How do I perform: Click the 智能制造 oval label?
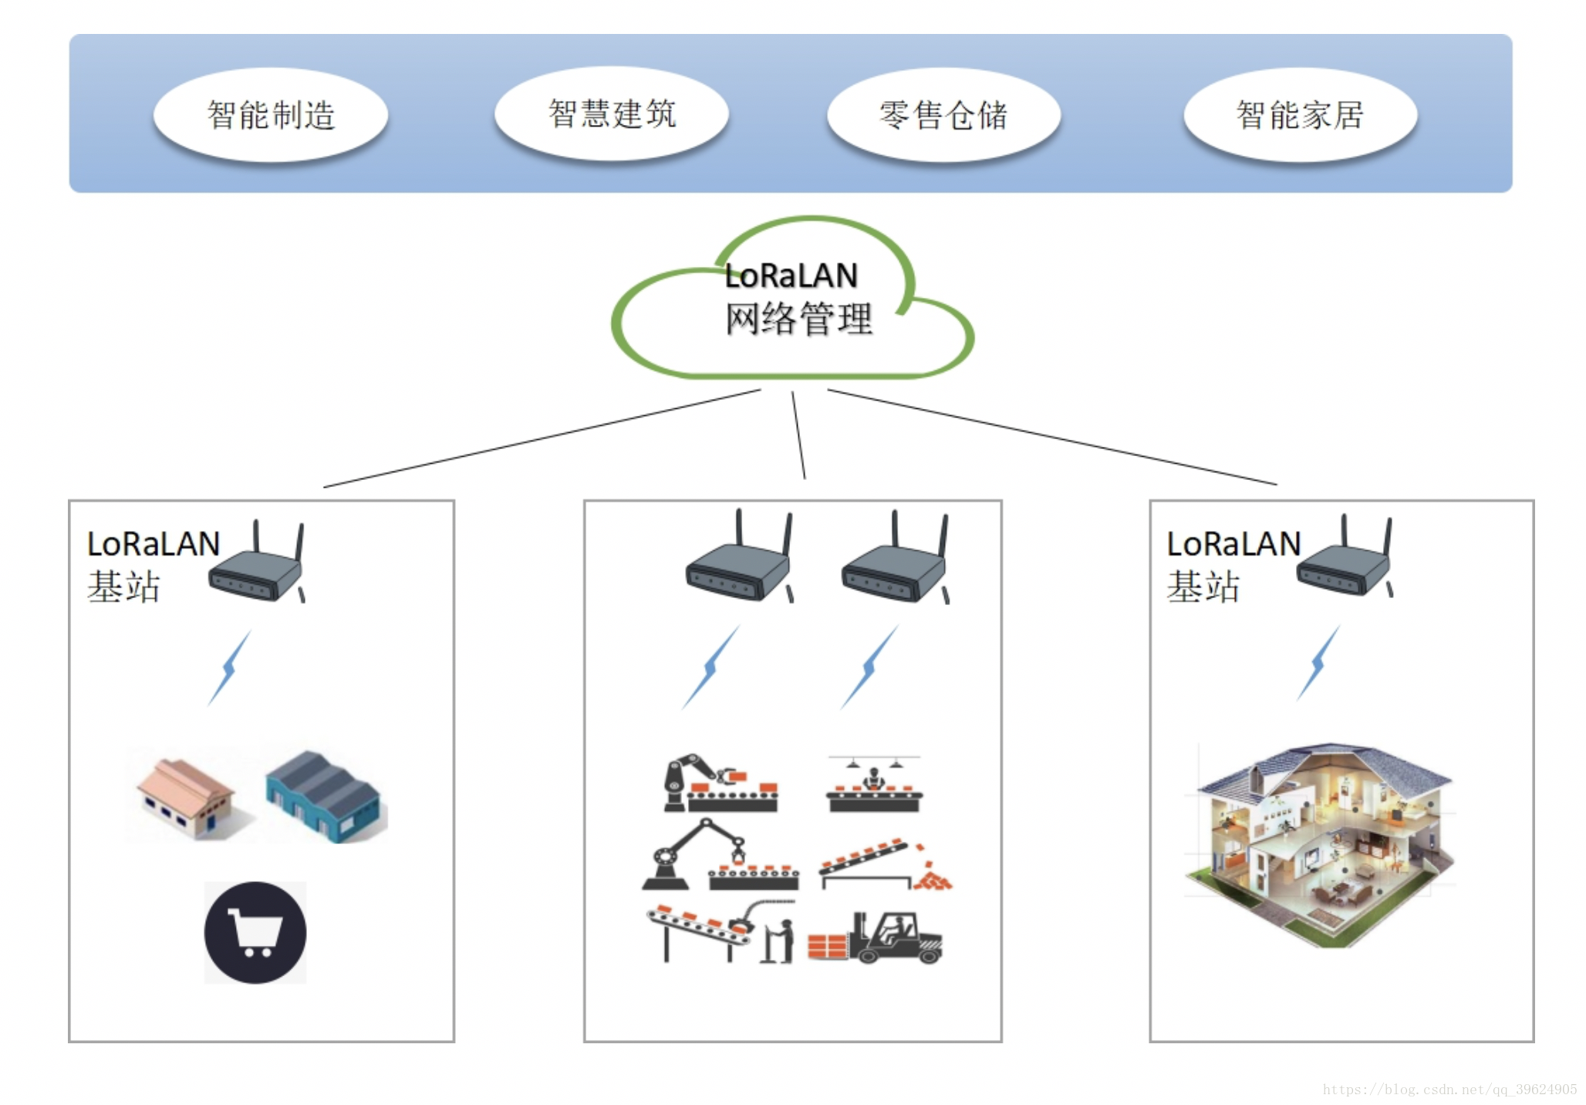point(271,115)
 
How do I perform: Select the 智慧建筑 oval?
point(612,113)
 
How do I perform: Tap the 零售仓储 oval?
point(943,115)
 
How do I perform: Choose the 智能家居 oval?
point(1300,115)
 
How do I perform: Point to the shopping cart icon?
point(255,932)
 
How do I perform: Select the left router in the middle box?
point(739,563)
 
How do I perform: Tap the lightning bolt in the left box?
point(229,668)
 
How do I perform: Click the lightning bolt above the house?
point(1318,664)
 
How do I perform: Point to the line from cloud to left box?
point(540,438)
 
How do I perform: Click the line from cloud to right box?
point(1053,437)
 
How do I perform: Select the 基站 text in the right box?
point(1203,586)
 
